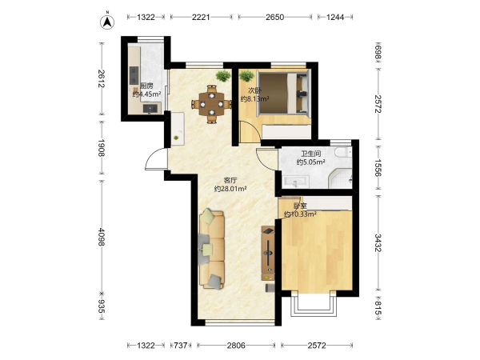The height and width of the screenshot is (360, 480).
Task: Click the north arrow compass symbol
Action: (107, 21)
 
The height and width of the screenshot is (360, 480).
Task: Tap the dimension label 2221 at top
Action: (201, 17)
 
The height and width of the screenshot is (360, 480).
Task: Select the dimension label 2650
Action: (274, 17)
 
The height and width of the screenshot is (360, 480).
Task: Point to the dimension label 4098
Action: (102, 236)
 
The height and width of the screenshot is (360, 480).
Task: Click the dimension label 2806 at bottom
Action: (236, 346)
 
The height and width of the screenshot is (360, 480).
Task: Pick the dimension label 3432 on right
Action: (378, 242)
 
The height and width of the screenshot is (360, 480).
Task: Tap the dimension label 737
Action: (181, 346)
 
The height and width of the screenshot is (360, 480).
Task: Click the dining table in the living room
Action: (211, 104)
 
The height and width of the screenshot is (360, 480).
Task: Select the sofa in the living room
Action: (211, 249)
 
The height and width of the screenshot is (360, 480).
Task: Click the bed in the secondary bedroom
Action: (283, 93)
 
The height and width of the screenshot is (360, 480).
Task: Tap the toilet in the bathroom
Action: (343, 152)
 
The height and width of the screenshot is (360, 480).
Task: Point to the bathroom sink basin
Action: (295, 182)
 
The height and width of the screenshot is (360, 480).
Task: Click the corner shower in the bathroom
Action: (340, 178)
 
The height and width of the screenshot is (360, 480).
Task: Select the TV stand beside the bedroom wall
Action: (268, 253)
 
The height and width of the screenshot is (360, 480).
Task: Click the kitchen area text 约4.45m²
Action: (146, 94)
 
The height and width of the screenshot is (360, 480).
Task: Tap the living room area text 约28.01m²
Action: (230, 189)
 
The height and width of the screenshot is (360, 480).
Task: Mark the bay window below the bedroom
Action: (314, 304)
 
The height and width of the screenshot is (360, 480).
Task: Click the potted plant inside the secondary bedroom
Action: (246, 76)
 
